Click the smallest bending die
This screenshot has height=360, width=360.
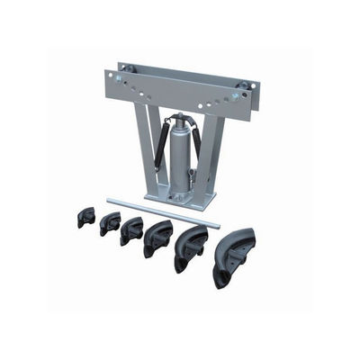click(86, 217)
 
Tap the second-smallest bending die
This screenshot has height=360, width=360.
click(111, 222)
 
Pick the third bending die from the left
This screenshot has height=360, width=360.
click(132, 230)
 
